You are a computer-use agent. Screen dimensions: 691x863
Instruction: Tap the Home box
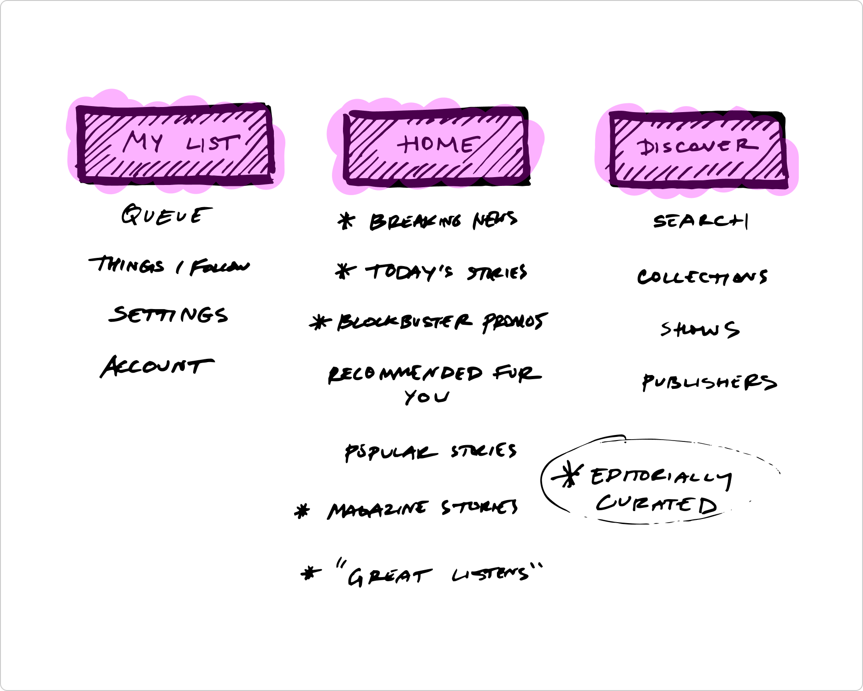[436, 146]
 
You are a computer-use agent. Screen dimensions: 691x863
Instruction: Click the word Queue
[166, 215]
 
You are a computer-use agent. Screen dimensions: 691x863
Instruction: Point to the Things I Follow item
[169, 266]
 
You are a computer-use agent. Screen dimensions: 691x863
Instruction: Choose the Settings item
[169, 315]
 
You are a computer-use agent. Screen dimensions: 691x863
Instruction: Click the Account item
[157, 366]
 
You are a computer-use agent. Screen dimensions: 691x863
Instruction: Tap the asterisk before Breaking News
[346, 221]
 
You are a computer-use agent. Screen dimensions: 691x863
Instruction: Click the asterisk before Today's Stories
[345, 271]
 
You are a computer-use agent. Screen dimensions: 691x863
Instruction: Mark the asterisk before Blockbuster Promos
[320, 322]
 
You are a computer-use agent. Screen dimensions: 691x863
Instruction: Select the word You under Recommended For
[426, 397]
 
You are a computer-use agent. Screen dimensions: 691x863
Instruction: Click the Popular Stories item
[431, 451]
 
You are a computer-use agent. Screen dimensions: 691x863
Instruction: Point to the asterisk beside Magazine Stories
[302, 511]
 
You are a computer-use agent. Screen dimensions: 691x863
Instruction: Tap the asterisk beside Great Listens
[311, 574]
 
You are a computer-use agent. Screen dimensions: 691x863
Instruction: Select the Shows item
[700, 329]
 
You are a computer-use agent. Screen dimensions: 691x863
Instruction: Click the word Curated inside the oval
[656, 505]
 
